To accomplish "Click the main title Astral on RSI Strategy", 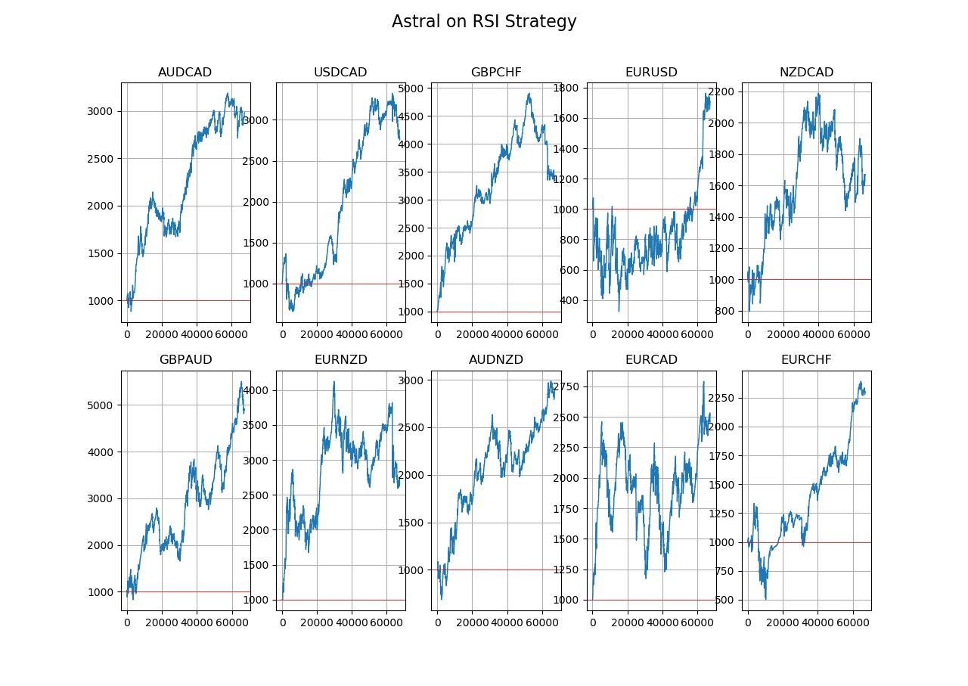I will pos(484,22).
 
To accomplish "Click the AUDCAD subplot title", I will pos(185,73).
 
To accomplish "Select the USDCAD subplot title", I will pos(340,73).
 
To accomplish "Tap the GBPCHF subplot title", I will pos(495,73).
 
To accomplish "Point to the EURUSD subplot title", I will pos(651,73).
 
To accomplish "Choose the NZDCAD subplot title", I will pos(806,73).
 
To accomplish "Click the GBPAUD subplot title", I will pos(185,360).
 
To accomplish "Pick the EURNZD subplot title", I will pos(340,360).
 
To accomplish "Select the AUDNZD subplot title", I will pos(495,360).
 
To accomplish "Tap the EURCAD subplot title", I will pos(651,360).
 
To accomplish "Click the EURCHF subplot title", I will pos(806,360).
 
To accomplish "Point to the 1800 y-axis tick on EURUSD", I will pos(566,88).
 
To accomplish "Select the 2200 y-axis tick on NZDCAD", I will pos(721,92).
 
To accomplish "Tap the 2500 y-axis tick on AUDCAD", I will pos(101,159).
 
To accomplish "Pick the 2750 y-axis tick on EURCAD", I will pos(566,386).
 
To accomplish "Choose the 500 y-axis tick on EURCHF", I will pos(724,600).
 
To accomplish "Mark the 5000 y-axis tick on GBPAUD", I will pos(101,405).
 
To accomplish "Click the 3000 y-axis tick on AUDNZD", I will pos(411,380).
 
